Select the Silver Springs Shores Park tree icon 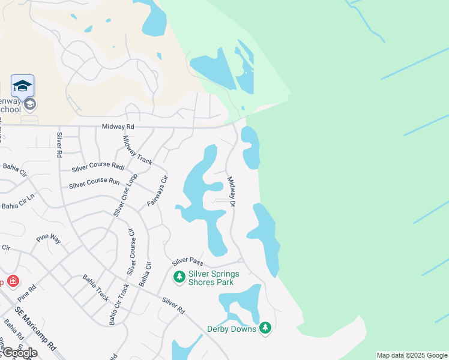point(178,277)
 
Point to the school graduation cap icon point(22,86)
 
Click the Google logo point(19,353)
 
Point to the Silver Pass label point(188,262)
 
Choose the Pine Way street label point(48,238)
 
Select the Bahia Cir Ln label point(19,205)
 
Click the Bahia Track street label point(95,287)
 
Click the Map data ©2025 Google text point(412,355)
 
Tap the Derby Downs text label point(231,329)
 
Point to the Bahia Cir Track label point(119,304)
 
